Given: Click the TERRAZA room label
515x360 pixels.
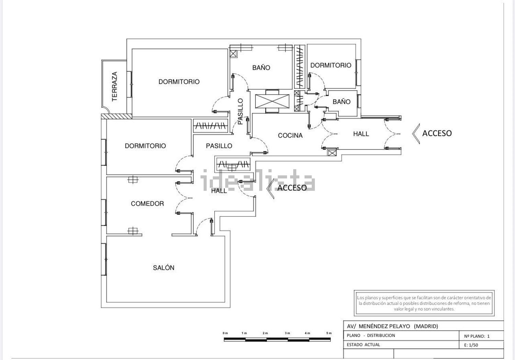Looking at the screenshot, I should click(115, 86).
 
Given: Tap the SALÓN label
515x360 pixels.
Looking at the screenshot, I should click(163, 268).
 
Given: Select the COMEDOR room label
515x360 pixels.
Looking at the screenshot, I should click(147, 204).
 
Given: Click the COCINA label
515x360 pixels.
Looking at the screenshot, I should click(290, 136).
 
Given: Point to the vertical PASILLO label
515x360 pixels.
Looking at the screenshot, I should click(240, 111).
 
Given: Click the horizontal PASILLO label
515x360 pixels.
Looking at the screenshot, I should click(219, 146).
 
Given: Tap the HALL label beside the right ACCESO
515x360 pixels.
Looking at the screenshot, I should click(361, 134).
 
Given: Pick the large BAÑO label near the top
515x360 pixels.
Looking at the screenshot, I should click(261, 68).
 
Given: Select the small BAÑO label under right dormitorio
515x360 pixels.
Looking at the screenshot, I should click(341, 102).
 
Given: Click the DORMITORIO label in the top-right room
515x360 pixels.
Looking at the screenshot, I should click(331, 65).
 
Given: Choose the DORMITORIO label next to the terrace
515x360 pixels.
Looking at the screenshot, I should click(179, 82).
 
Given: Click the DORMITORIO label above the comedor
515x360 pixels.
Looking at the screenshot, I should click(145, 146).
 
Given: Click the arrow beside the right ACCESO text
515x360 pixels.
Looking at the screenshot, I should click(416, 133).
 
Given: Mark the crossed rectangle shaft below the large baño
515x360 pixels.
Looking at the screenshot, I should click(272, 101).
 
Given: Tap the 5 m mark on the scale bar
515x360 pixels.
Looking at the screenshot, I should click(329, 333).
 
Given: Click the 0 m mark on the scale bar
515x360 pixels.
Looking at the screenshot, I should click(225, 333).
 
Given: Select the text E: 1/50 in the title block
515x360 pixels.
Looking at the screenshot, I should click(471, 345).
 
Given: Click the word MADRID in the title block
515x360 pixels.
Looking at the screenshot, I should click(426, 326).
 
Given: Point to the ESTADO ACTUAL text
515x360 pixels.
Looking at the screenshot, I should click(363, 345).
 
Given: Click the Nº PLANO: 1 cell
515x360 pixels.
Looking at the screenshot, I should click(477, 336).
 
